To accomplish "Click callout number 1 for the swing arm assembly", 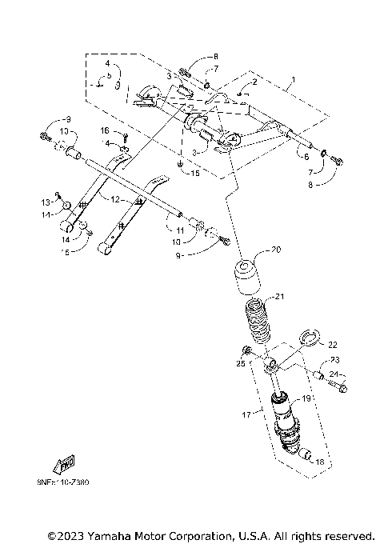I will click(x=293, y=80).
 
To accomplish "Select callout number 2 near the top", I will click(x=254, y=82).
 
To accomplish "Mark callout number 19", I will click(x=305, y=398).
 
